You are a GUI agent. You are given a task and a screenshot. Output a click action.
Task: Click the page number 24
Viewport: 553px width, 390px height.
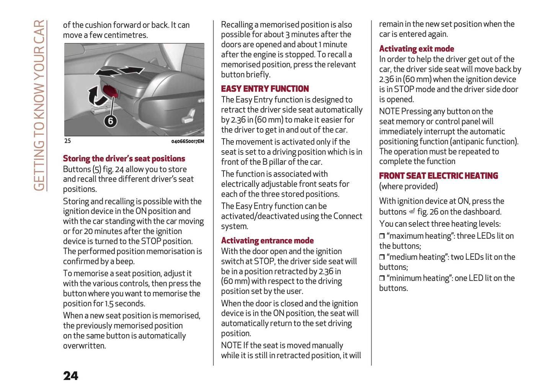click(x=71, y=375)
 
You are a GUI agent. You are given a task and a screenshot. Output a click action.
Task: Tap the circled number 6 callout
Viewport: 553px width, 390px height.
click(x=111, y=121)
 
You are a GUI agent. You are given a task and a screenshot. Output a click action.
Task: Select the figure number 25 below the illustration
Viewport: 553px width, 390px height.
click(x=67, y=141)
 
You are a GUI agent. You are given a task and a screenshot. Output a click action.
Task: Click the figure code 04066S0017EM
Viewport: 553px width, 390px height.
click(x=188, y=141)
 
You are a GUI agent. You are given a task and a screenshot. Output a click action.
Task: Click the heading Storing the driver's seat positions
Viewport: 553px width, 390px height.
click(x=124, y=159)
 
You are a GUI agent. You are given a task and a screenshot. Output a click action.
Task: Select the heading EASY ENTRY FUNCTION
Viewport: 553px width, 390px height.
click(x=265, y=89)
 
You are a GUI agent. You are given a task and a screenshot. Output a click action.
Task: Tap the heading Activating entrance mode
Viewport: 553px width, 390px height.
click(x=267, y=241)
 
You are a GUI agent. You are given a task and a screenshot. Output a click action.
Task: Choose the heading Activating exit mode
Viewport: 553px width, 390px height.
click(x=416, y=49)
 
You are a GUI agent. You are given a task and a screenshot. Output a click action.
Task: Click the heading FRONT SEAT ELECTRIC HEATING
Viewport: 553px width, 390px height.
click(x=439, y=176)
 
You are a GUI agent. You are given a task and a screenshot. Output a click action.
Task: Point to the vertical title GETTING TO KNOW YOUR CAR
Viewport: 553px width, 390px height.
click(x=39, y=105)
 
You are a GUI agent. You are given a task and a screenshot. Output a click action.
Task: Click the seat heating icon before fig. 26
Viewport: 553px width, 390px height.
click(x=412, y=211)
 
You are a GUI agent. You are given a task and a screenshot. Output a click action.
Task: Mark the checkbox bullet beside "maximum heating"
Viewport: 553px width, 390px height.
click(x=382, y=236)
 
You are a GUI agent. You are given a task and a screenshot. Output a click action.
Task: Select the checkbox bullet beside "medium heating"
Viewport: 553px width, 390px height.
click(x=382, y=257)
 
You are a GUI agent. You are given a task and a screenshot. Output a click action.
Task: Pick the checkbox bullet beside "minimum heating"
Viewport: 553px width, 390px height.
click(x=382, y=278)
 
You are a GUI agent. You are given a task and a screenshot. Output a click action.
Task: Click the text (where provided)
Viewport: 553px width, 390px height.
click(x=408, y=187)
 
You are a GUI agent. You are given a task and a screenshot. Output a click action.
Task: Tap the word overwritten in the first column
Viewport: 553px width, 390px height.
click(x=84, y=346)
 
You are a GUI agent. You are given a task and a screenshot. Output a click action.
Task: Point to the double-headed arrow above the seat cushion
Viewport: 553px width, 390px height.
click(x=119, y=71)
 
